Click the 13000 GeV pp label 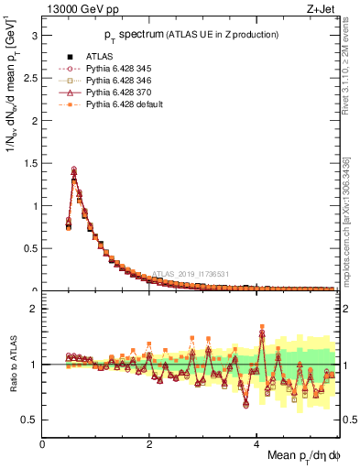(74, 9)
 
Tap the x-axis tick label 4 (256, 444)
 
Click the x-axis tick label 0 (43, 444)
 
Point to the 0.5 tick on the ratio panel (31, 420)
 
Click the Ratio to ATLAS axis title (12, 365)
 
